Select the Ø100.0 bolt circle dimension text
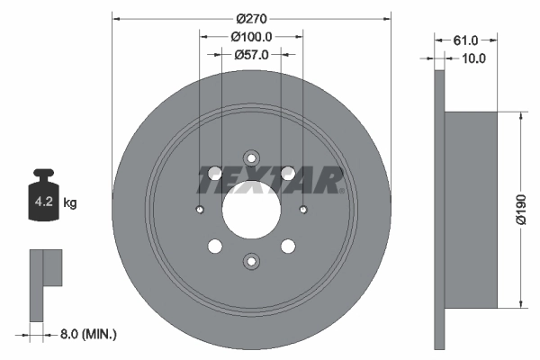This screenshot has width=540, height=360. (x=252, y=37)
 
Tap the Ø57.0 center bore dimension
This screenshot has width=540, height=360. (x=252, y=55)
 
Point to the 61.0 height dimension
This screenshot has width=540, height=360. (x=465, y=40)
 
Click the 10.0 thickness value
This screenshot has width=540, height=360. (x=472, y=58)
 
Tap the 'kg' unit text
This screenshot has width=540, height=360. (x=70, y=203)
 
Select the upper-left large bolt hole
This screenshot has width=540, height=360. (x=215, y=174)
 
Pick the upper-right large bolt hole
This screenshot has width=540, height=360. (x=288, y=174)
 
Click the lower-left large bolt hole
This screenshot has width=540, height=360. (x=215, y=246)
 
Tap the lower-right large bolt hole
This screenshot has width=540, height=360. (x=288, y=246)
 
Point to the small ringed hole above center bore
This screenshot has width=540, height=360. (x=251, y=158)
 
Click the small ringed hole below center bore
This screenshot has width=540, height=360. (x=251, y=261)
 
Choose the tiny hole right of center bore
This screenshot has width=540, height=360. (x=303, y=211)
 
